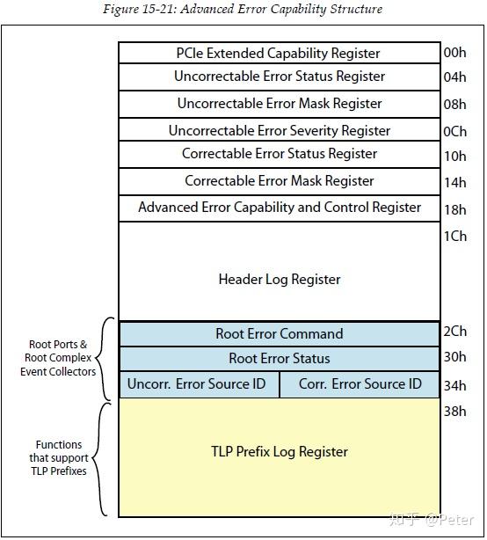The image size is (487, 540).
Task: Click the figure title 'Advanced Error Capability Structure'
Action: coord(243,9)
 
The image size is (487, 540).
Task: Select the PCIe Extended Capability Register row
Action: coord(279,54)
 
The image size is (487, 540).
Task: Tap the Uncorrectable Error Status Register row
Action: coord(279,77)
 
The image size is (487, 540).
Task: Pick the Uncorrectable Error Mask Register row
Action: coord(279,104)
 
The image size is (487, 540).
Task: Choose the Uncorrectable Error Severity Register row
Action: coord(279,130)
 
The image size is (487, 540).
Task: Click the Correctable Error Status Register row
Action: coord(279,154)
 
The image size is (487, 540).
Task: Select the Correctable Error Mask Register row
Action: coord(279,181)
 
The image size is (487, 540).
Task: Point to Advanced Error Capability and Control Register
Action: coord(279,208)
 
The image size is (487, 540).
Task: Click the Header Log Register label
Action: coord(279,280)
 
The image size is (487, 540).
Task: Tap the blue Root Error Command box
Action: coord(279,334)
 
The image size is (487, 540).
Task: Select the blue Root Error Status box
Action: coord(279,359)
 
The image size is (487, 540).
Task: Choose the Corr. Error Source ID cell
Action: coord(360,384)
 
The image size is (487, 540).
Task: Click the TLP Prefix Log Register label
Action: coord(279,452)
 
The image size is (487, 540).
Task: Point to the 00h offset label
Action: coord(454,53)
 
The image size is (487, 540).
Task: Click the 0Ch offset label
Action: coord(454,131)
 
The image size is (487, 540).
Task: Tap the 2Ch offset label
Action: coord(454,332)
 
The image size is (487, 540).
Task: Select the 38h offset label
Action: coord(454,411)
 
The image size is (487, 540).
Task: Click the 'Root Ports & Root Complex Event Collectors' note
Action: coord(58,358)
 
